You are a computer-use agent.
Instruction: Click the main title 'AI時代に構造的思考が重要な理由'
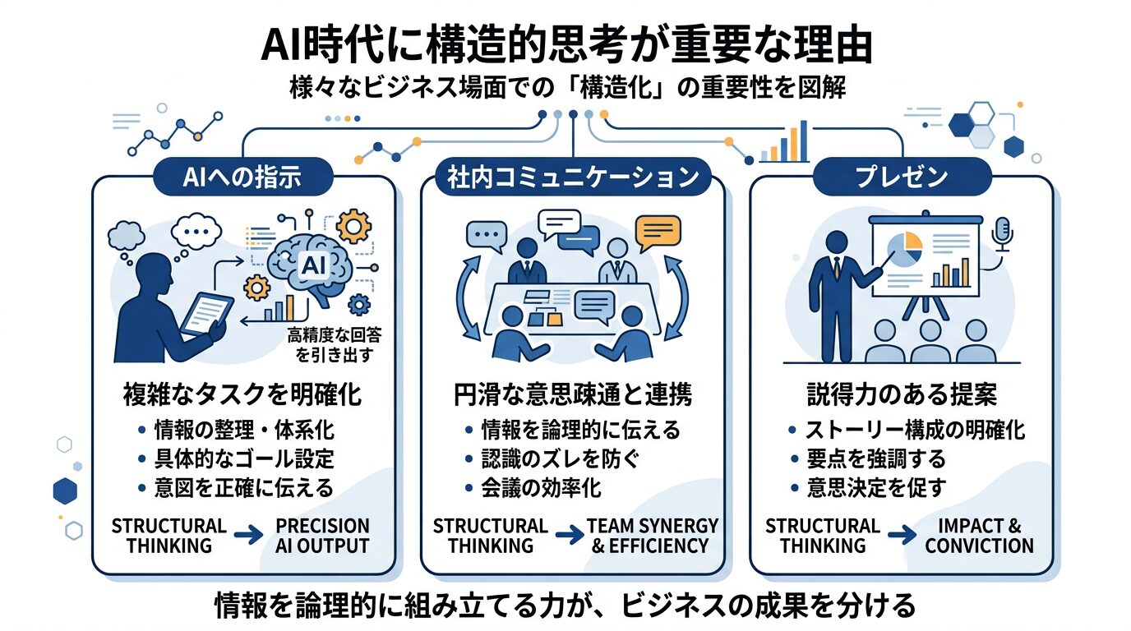pos(565,46)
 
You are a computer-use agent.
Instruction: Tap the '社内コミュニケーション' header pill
pos(572,177)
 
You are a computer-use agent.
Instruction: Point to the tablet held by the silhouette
pos(205,312)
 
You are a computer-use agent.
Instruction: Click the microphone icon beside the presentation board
pos(1002,234)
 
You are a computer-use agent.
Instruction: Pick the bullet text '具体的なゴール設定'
pos(244,458)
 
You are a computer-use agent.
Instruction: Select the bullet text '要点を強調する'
pos(875,458)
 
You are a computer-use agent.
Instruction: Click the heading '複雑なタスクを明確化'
pos(243,395)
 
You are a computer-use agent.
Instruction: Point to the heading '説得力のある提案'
pos(901,395)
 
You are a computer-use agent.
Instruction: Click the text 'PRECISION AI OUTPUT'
pos(322,536)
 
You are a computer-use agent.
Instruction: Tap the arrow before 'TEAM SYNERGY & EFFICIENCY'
pos(566,536)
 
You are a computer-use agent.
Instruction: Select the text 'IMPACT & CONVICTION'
pos(979,536)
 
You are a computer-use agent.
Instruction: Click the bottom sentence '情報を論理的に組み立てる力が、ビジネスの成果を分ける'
pos(565,606)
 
